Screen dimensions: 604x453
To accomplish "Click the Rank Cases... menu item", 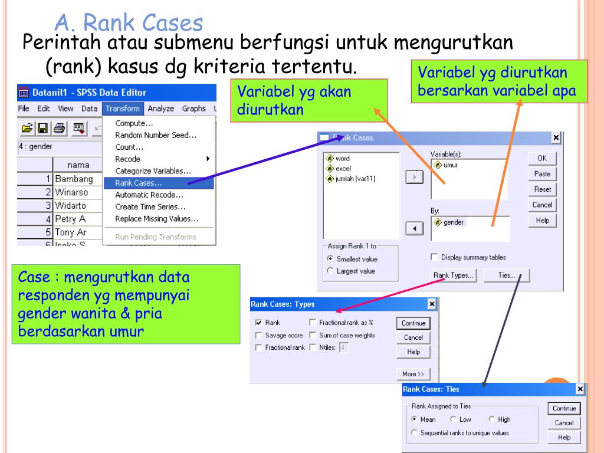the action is (139, 183).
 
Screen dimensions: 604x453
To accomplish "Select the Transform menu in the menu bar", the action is (123, 109).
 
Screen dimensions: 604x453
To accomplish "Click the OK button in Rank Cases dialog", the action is (542, 159).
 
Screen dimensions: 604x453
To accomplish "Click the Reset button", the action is (542, 189).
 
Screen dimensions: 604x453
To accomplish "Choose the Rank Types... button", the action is (454, 275).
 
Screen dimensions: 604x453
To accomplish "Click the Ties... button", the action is (506, 275).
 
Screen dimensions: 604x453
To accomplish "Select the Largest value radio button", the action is (330, 271).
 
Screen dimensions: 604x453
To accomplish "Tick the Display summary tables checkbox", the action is (435, 257).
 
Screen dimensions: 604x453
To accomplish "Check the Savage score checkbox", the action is (258, 336).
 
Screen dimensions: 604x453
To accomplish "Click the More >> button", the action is (413, 374).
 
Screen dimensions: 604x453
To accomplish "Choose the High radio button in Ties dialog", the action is (492, 420).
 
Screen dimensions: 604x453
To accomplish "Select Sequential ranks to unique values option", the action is (414, 433).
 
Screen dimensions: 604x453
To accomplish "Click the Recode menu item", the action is (128, 159).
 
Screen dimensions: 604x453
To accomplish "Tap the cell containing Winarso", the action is (71, 192).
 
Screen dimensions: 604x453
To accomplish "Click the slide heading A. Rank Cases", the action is (129, 24).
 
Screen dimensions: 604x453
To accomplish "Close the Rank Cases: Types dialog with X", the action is (432, 304).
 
